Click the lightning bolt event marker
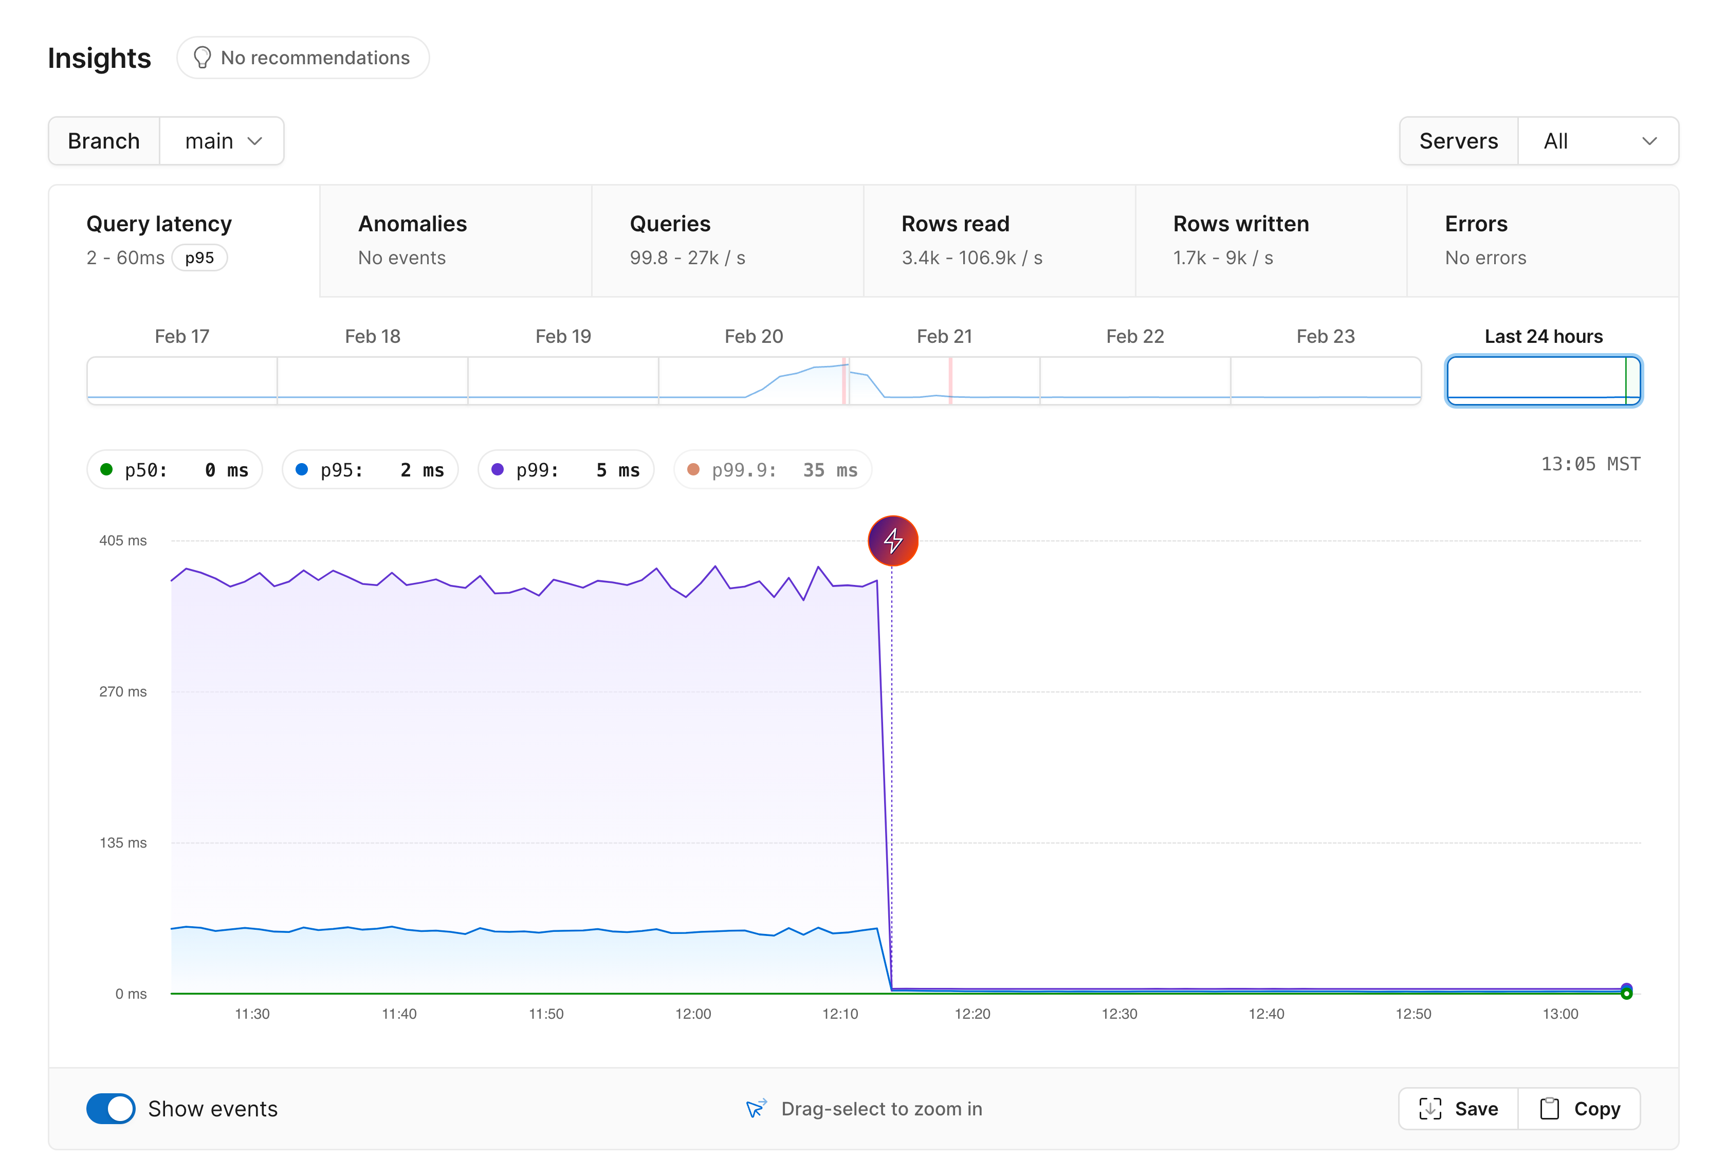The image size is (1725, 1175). [892, 540]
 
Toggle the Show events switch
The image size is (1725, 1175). [111, 1108]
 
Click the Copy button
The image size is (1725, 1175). [1579, 1108]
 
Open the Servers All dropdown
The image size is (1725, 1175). [1598, 141]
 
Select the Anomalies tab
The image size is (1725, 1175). [455, 241]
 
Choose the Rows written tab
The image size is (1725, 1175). [1270, 241]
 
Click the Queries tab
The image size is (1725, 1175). [727, 241]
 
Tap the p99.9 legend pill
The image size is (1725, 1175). [772, 470]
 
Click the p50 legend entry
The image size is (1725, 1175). [174, 470]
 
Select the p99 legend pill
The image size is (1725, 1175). [565, 470]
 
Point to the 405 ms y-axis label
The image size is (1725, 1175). [123, 540]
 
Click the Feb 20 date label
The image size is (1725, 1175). [754, 336]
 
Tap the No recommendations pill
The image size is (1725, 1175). [303, 58]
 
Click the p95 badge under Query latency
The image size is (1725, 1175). [199, 258]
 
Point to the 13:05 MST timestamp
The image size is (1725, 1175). [1590, 464]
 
